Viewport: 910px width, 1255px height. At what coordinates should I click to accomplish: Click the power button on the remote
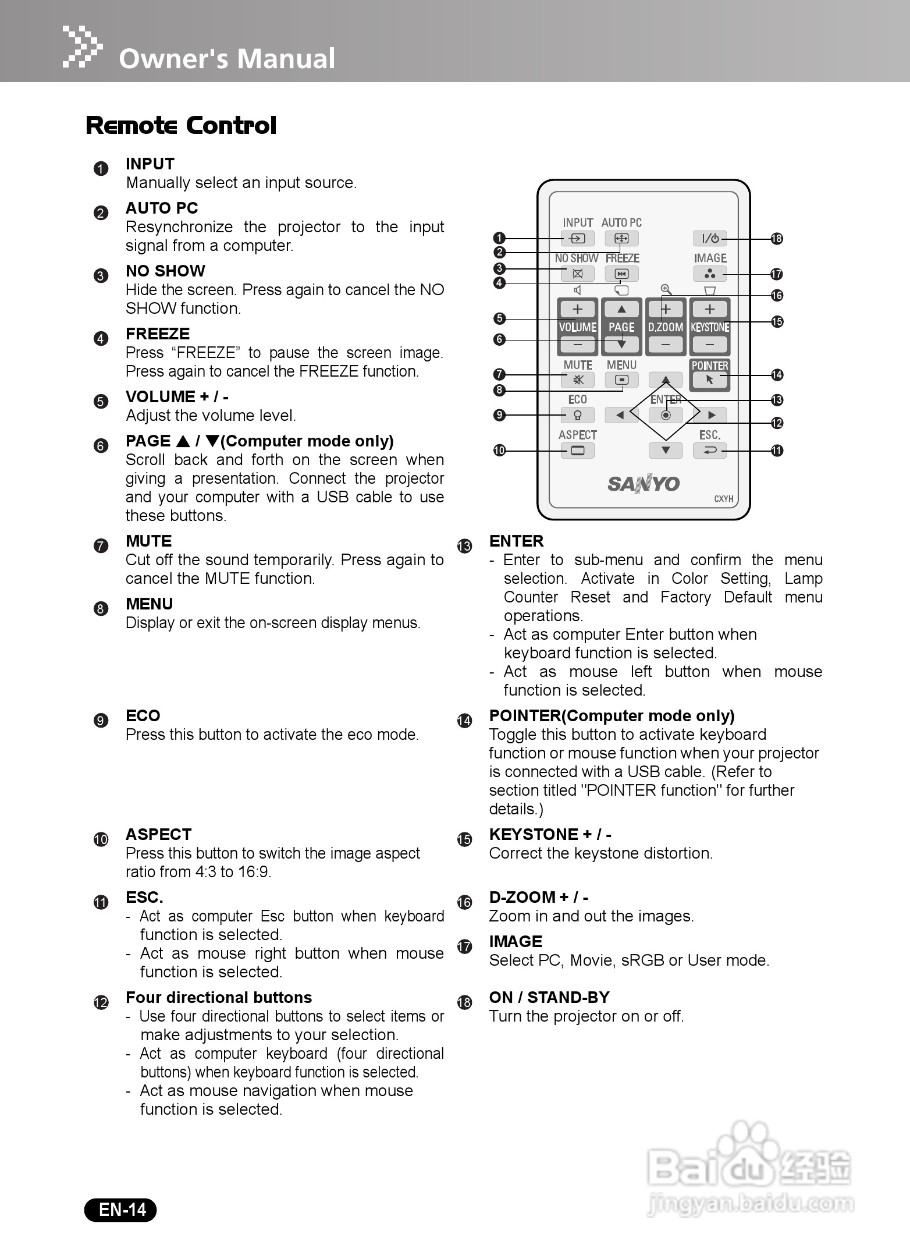click(x=710, y=238)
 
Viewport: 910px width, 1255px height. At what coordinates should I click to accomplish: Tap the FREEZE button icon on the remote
click(x=621, y=274)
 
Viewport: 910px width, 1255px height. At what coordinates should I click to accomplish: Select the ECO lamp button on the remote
click(x=577, y=415)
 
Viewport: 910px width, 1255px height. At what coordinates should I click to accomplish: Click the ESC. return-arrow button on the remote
click(x=710, y=451)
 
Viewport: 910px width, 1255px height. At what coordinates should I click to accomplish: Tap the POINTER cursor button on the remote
click(x=709, y=380)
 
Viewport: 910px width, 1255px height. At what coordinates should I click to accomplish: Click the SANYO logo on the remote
click(x=644, y=484)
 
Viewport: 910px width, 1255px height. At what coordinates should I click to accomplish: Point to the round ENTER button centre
click(x=666, y=415)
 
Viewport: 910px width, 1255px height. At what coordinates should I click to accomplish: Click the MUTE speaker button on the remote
click(x=577, y=380)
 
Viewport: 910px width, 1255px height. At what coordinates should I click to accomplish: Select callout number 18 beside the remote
click(x=776, y=239)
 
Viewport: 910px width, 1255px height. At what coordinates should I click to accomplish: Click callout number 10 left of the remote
click(x=499, y=451)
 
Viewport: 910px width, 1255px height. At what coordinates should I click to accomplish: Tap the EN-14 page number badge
click(x=121, y=1210)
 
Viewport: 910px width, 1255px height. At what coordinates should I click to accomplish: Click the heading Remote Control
click(x=181, y=126)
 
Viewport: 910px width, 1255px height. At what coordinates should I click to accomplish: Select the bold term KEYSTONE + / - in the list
click(x=550, y=835)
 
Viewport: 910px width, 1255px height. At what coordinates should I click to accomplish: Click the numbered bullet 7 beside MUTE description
click(x=101, y=546)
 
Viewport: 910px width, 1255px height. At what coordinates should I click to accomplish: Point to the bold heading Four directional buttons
click(x=219, y=998)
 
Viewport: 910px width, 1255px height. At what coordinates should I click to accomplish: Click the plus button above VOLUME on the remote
click(x=577, y=309)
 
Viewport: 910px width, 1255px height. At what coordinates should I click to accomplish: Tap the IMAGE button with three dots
click(x=710, y=274)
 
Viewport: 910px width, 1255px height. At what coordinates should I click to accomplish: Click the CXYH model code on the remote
click(x=723, y=499)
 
